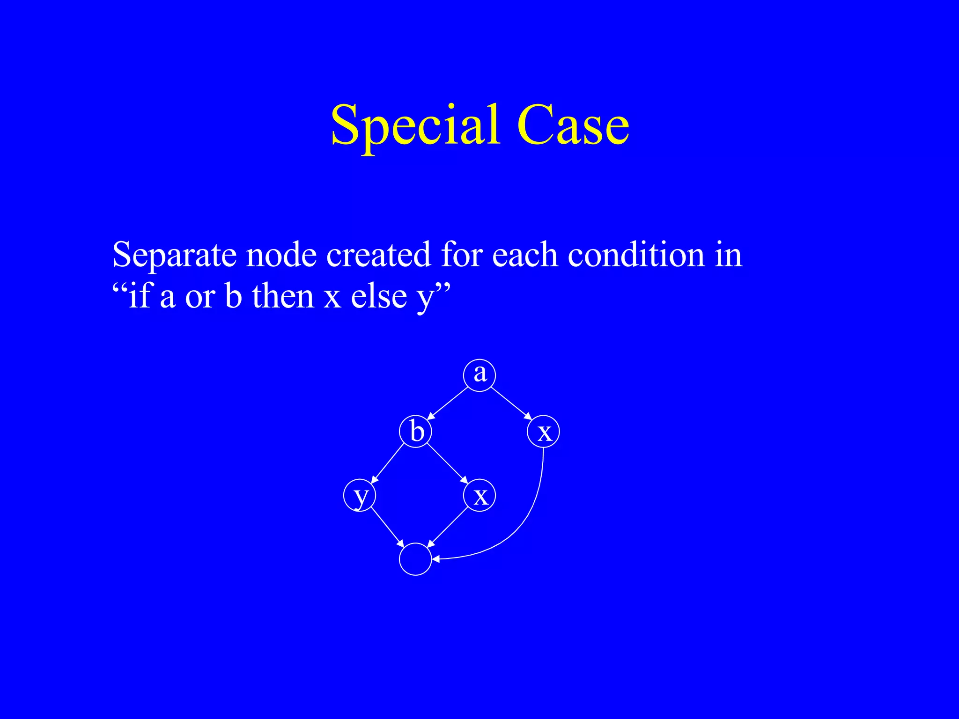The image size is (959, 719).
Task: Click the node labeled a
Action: click(x=479, y=374)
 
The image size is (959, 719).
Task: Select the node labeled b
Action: click(x=415, y=431)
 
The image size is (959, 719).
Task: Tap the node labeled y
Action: click(x=360, y=495)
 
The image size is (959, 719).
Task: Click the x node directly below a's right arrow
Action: click(x=543, y=431)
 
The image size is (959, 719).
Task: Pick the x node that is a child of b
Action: click(x=479, y=495)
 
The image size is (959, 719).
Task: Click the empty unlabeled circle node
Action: click(x=415, y=559)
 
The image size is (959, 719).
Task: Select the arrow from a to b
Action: click(x=448, y=403)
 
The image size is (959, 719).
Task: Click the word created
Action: click(x=378, y=255)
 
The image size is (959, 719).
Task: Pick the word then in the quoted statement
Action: click(x=283, y=296)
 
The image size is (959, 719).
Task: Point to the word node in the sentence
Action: click(x=281, y=255)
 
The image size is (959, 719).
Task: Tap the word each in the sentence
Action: click(x=524, y=255)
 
